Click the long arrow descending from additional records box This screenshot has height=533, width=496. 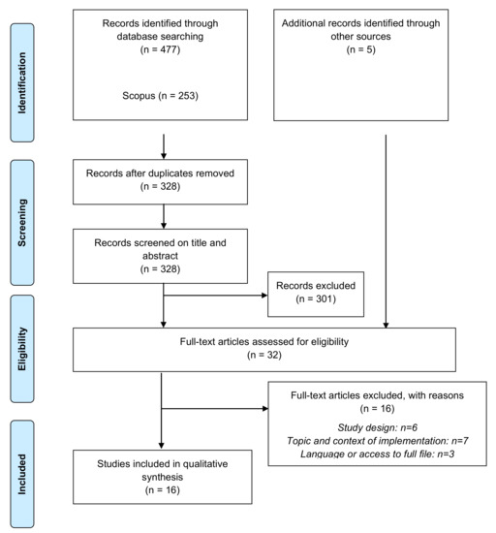(x=387, y=233)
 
